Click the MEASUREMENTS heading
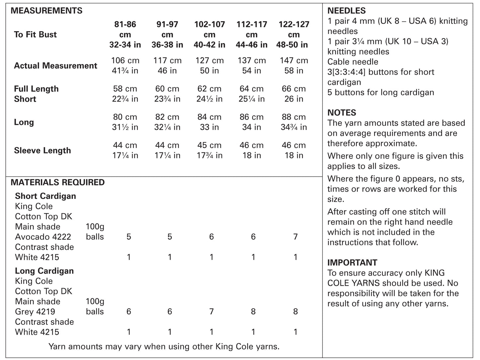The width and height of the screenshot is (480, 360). (47, 11)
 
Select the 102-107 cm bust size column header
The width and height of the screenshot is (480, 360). (209, 34)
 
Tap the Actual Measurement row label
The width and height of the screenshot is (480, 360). (55, 66)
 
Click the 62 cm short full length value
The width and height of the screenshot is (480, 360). (209, 89)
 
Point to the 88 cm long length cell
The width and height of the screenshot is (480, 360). (294, 117)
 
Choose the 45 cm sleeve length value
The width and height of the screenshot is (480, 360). (209, 145)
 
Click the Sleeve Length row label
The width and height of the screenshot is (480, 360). (43, 150)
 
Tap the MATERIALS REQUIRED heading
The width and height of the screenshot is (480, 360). (58, 182)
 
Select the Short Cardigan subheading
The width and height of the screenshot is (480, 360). (46, 196)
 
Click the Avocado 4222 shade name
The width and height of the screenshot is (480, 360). (43, 237)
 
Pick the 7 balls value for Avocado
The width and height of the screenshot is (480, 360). (295, 237)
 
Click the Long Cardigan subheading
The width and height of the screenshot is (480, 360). (44, 271)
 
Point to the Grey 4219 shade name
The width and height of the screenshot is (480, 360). (35, 312)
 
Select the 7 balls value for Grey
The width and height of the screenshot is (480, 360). (211, 312)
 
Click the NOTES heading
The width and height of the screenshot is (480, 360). (342, 113)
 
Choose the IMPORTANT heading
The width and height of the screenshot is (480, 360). (352, 262)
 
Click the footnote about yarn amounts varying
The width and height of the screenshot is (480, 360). (164, 347)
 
